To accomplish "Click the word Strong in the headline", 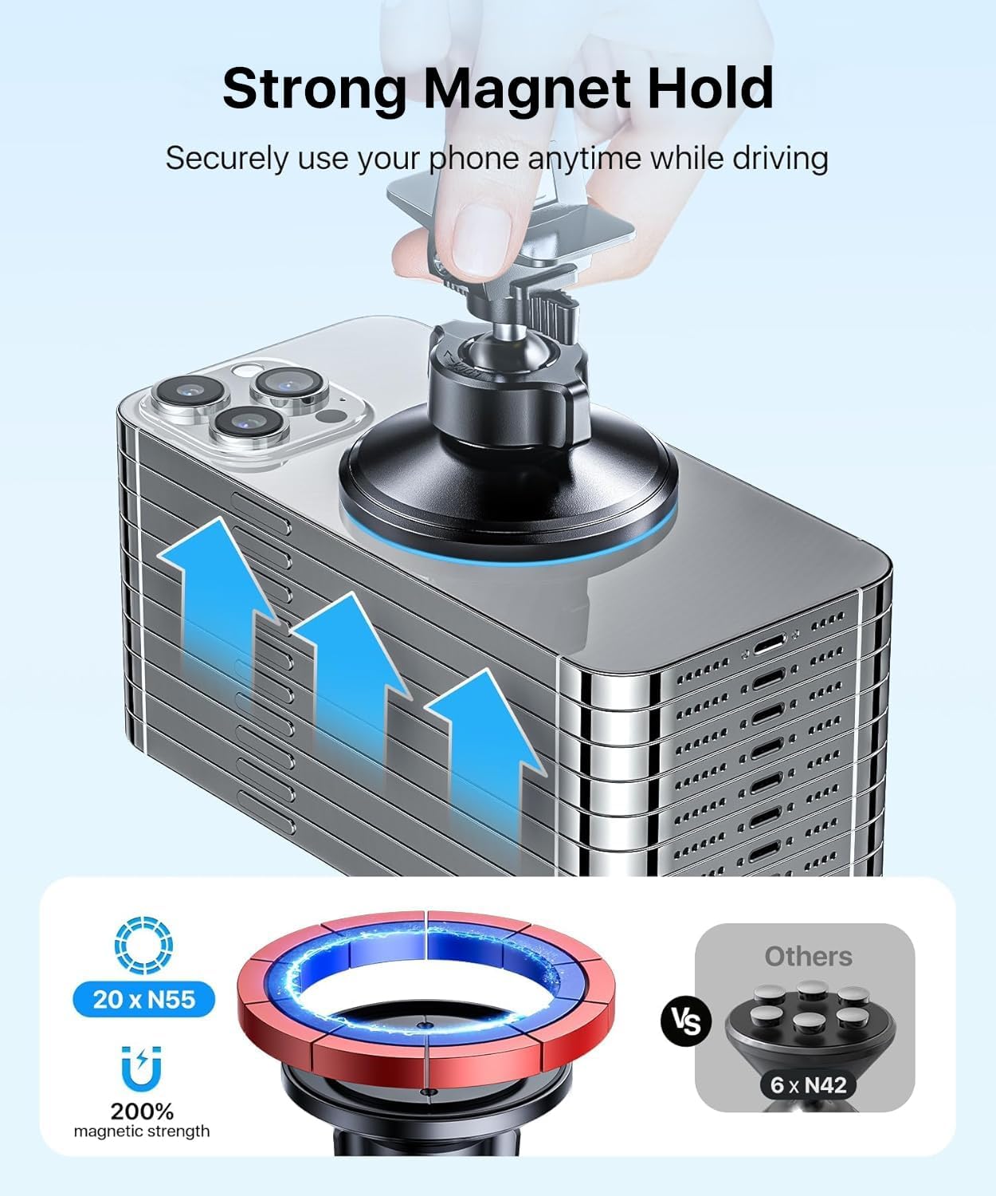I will [316, 89].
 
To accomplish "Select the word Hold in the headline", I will [710, 89].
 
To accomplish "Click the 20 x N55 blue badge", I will [143, 998].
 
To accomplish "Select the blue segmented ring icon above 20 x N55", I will [143, 946].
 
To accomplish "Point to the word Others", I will [808, 956].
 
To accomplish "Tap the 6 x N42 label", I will [806, 1084].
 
